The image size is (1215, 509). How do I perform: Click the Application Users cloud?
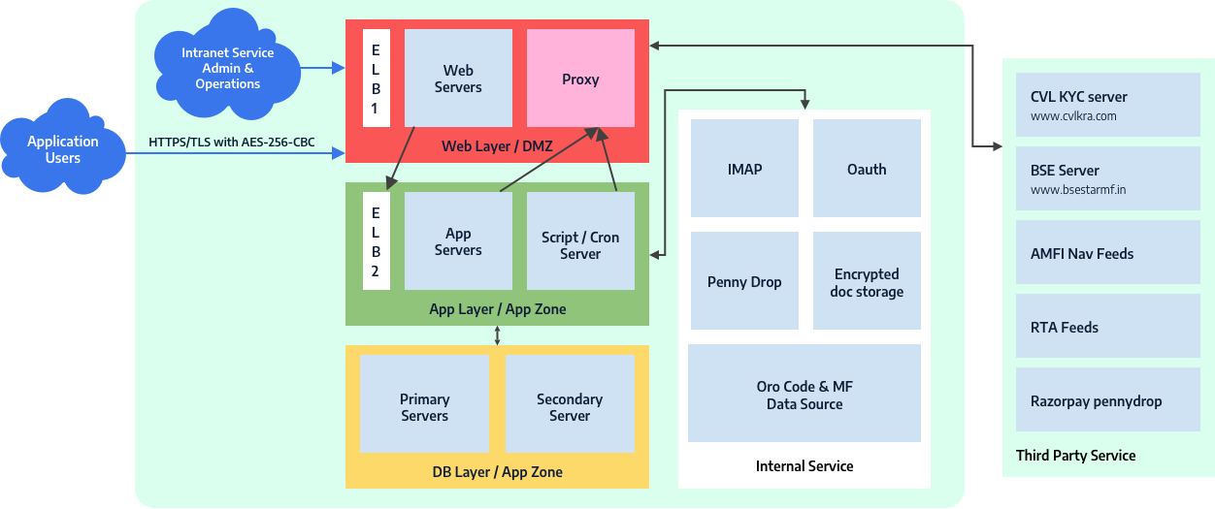click(63, 149)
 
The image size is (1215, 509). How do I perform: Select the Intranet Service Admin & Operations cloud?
click(227, 68)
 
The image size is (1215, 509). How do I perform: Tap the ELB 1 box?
click(376, 78)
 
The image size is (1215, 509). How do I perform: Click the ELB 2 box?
click(376, 240)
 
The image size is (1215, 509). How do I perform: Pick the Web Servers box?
click(458, 78)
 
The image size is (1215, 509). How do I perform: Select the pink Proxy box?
click(580, 79)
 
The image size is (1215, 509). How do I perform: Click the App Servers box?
click(458, 241)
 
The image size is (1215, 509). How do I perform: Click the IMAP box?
click(744, 168)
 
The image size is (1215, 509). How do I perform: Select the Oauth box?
click(867, 168)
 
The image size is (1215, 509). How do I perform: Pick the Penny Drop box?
click(744, 281)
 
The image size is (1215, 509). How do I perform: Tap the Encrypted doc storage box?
click(867, 281)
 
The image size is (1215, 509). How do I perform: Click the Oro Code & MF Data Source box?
click(805, 394)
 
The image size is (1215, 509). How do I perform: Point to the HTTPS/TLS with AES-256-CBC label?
click(232, 143)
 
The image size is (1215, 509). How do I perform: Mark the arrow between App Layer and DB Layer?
click(497, 335)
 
